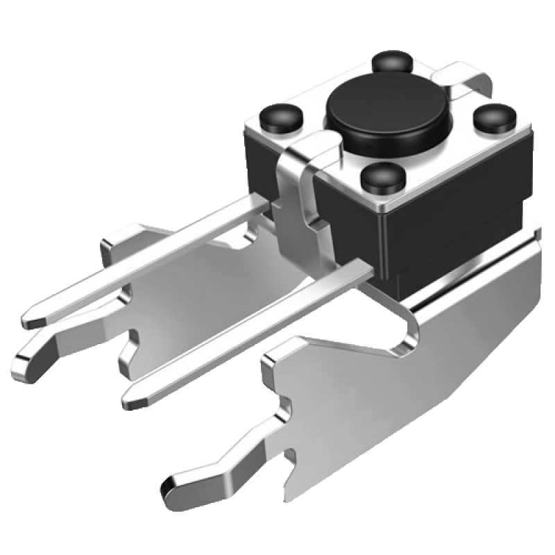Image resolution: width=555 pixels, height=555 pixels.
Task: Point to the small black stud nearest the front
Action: tap(381, 178)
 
